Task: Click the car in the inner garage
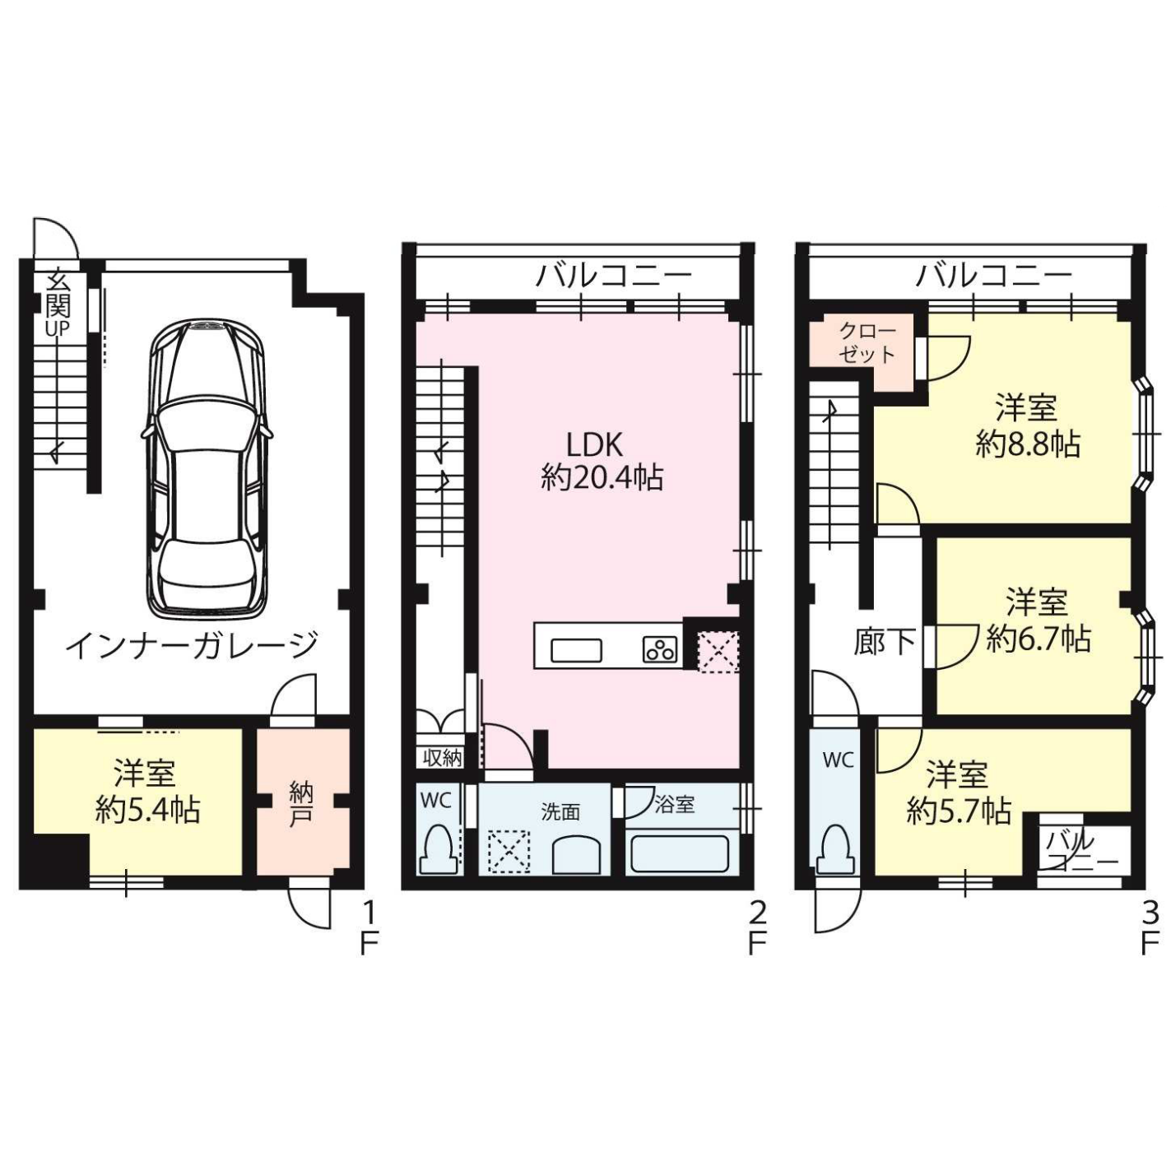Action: (207, 467)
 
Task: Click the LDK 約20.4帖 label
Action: (602, 462)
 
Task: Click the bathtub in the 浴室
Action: (680, 854)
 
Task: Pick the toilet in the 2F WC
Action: (439, 850)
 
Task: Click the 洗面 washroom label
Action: (560, 812)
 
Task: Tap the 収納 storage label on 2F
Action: (443, 758)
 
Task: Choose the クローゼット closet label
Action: (867, 343)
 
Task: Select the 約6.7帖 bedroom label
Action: (1038, 620)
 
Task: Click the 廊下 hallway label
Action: (884, 643)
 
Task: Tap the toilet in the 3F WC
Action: (837, 850)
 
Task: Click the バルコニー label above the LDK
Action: (613, 276)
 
